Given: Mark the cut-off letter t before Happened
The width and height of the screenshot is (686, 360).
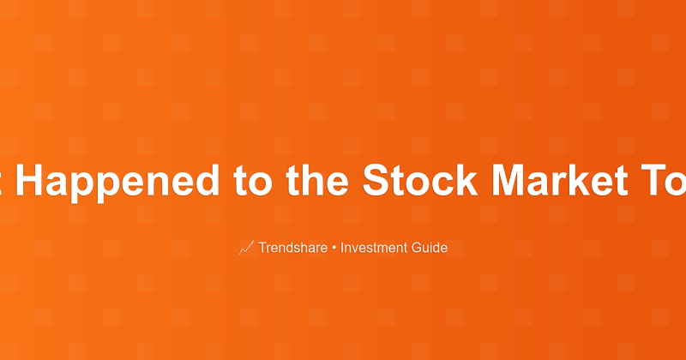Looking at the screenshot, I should (x=3, y=179).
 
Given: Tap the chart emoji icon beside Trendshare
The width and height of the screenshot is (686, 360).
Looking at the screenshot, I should (x=246, y=248).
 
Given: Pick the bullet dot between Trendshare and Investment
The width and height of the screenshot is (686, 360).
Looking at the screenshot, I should (x=334, y=248).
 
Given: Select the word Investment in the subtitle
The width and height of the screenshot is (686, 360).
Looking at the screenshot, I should (x=374, y=248).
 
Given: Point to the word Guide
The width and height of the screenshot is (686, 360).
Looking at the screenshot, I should (x=430, y=248).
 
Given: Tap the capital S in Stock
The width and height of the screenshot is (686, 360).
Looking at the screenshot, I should (x=374, y=179).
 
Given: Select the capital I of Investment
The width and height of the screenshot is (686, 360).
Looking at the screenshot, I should (x=342, y=248).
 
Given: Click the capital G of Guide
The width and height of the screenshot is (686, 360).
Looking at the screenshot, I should (x=416, y=248).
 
